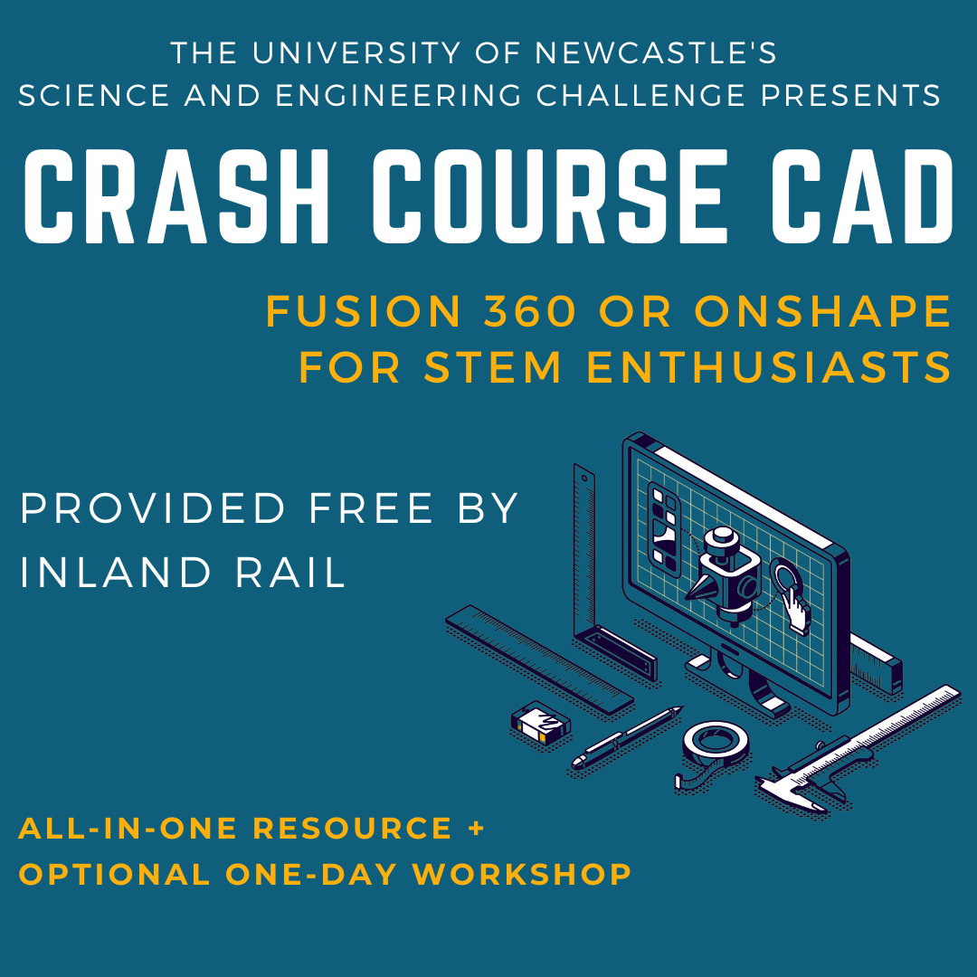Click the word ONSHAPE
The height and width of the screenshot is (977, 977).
point(823,312)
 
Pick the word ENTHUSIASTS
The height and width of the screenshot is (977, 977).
point(770,368)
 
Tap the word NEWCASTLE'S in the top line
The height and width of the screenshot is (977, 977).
point(656,53)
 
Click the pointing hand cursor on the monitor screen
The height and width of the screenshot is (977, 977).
point(796,610)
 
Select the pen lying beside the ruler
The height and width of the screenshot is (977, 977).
point(624,737)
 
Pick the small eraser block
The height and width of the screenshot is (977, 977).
point(540,723)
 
